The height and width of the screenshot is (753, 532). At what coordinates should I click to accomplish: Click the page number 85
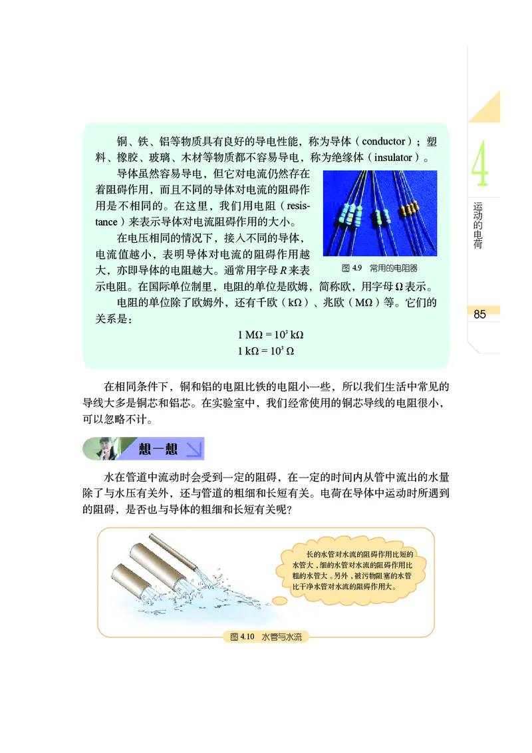(479, 314)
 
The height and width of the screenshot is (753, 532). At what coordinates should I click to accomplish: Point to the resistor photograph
(380, 213)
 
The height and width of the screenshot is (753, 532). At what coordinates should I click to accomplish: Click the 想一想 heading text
(158, 449)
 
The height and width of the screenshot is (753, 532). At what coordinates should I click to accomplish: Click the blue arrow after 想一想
(194, 449)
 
